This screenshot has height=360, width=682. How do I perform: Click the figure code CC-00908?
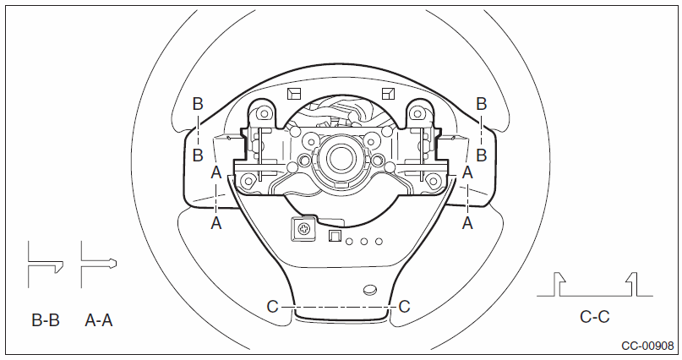click(x=647, y=346)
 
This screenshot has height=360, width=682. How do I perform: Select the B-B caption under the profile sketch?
click(x=46, y=320)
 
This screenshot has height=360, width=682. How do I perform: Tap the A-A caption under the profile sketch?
click(x=99, y=320)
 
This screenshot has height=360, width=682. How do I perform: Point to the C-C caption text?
click(x=595, y=317)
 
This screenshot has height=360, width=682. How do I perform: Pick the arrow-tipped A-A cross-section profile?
click(x=98, y=263)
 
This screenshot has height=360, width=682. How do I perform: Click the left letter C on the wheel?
click(x=272, y=307)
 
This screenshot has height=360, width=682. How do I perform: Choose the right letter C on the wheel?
click(x=404, y=307)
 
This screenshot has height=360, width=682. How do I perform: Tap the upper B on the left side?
click(x=198, y=104)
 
